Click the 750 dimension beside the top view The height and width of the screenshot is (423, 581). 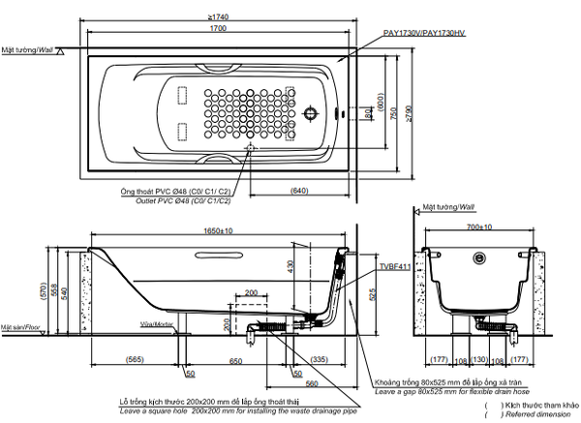[393, 111]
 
